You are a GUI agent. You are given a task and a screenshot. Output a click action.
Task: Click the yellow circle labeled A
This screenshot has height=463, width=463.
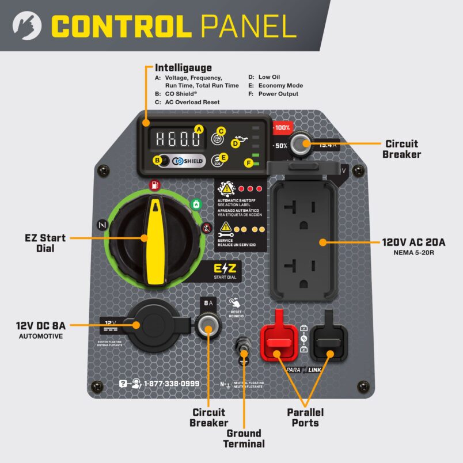(199, 129)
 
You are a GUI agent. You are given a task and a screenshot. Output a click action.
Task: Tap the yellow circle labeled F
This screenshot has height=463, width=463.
(249, 163)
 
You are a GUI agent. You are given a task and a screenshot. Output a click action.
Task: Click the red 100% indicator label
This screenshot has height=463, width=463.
(282, 127)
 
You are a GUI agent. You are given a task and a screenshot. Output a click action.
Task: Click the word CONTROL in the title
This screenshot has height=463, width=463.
(120, 25)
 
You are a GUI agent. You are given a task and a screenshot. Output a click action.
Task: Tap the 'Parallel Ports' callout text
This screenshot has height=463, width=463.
(305, 418)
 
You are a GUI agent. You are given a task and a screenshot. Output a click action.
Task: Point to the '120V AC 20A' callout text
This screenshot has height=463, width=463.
(413, 242)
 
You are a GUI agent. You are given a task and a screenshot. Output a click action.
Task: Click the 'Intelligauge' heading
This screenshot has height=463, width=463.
(183, 68)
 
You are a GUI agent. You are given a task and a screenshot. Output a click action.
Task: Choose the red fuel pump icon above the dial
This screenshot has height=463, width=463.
(154, 185)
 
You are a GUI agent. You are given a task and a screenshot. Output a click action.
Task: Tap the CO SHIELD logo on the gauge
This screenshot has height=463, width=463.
(187, 161)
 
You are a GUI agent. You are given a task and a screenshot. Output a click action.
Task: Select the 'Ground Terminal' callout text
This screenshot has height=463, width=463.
(244, 438)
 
